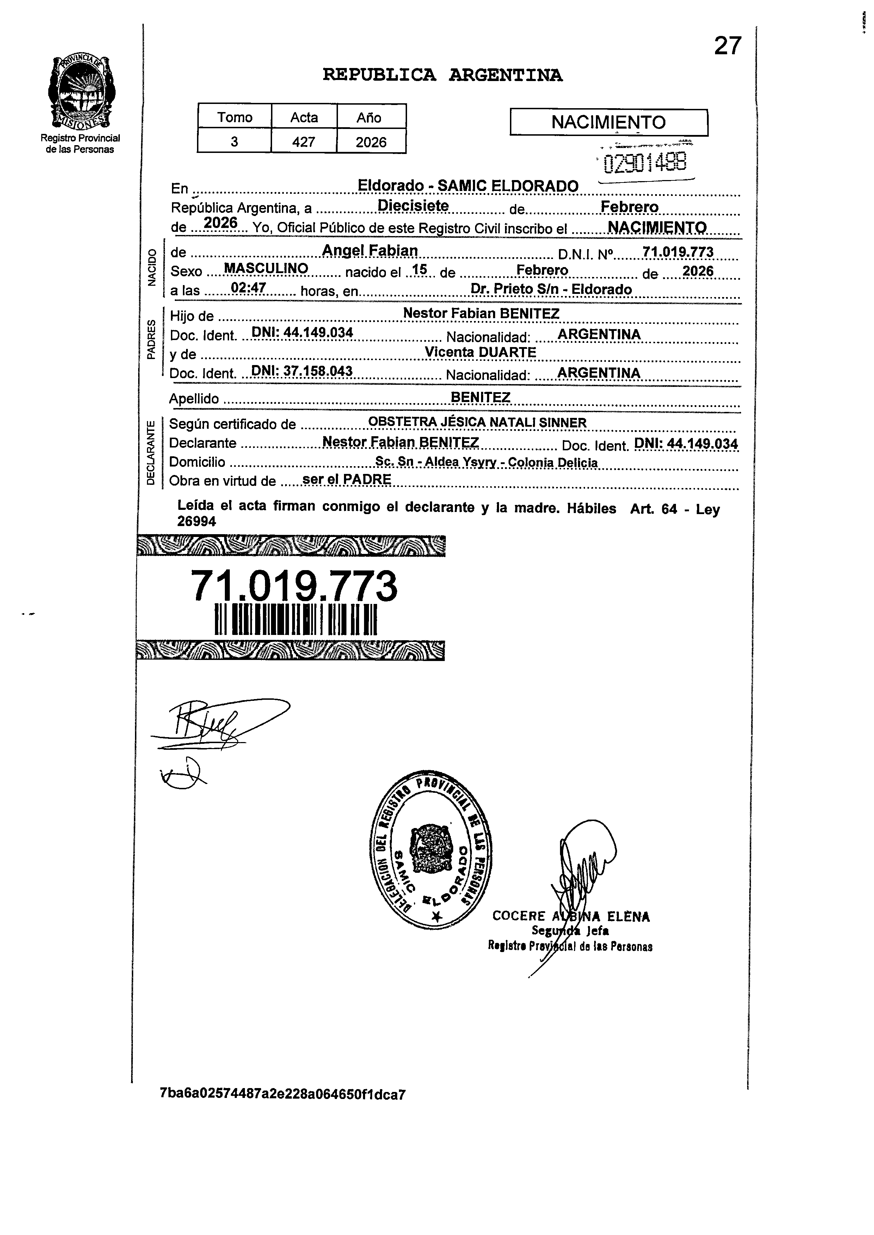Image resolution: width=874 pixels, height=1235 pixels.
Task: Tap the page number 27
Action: (728, 46)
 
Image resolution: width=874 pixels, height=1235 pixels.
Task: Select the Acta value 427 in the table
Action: (303, 142)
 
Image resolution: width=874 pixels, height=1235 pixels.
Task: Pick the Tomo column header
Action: (235, 117)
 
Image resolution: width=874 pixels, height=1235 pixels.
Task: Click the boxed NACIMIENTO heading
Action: (608, 123)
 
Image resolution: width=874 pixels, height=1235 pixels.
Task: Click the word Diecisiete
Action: (413, 205)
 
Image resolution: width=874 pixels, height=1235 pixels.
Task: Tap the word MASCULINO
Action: (266, 268)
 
